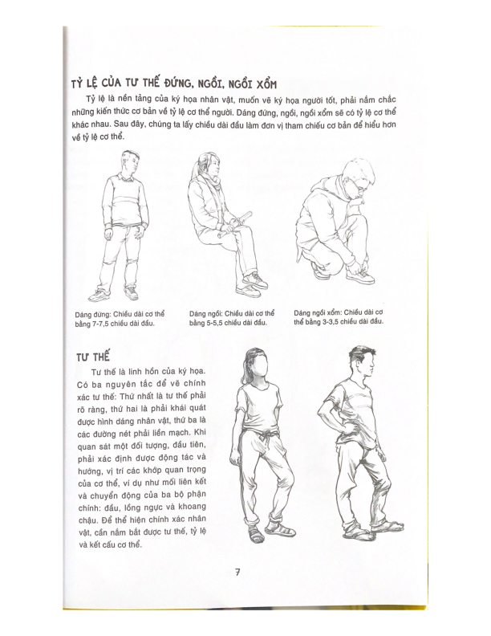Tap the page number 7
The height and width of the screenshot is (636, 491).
[x=237, y=573]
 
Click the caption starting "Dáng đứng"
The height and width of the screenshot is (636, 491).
[x=119, y=318]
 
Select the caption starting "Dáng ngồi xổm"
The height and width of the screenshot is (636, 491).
[x=339, y=316]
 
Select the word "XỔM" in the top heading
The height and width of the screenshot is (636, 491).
[x=292, y=86]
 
